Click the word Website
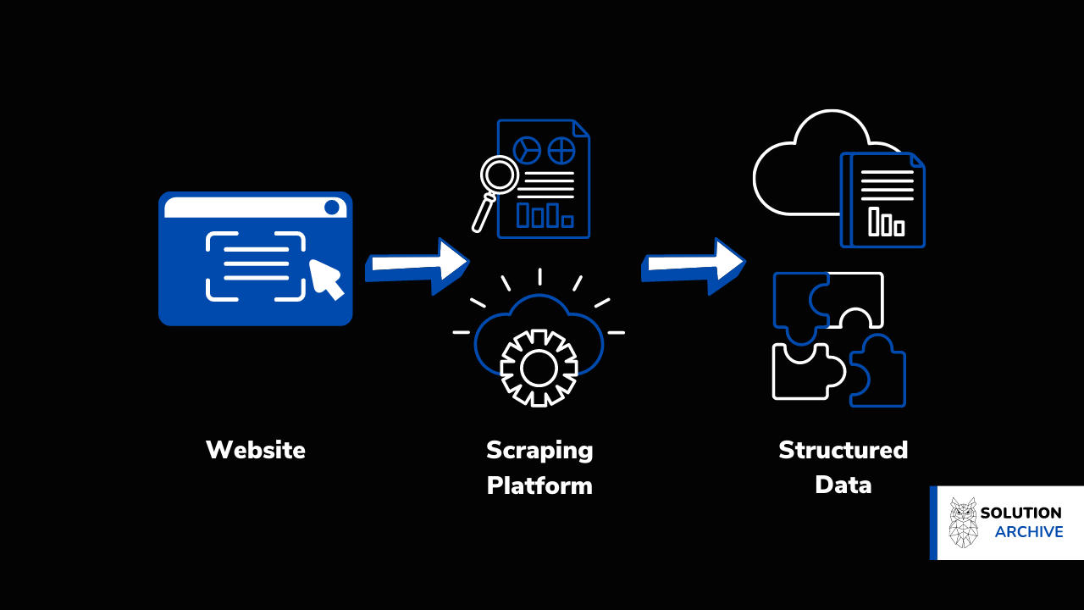point(255,449)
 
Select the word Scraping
point(539,450)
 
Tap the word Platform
point(539,486)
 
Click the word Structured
point(843,449)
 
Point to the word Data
point(843,485)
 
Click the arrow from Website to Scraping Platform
point(418,263)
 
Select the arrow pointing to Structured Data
point(694,263)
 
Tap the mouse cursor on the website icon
point(326,279)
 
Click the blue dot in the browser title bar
point(332,207)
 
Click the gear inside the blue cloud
point(539,368)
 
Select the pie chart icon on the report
point(527,151)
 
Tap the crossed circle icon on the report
point(561,151)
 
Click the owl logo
point(963,522)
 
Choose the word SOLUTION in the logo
point(1020,513)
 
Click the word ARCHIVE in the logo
point(1029,532)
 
